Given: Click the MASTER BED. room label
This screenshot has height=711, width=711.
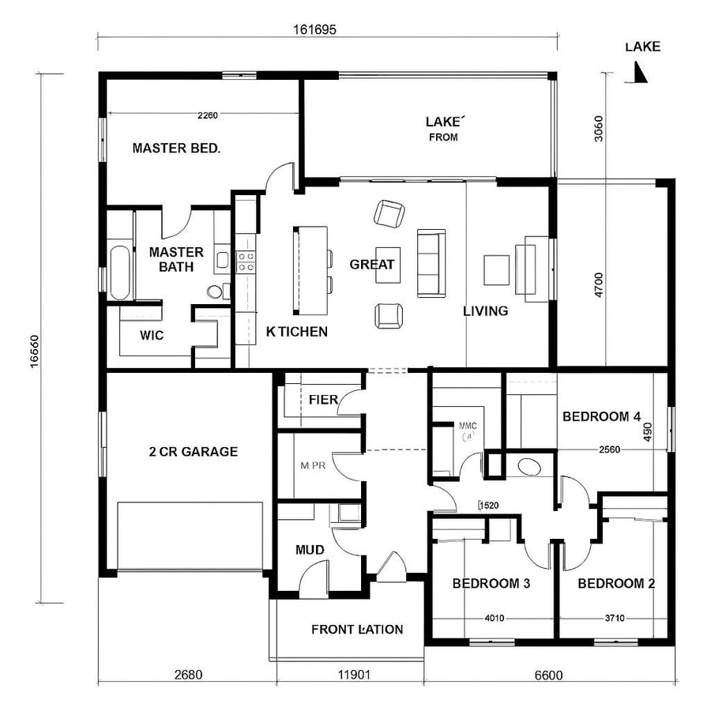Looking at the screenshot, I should (x=175, y=148).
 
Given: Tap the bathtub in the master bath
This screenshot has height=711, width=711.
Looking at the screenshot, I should (x=121, y=273).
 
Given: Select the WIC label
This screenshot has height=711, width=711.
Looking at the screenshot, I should (x=152, y=336).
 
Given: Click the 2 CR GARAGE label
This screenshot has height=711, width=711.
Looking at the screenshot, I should (x=194, y=452).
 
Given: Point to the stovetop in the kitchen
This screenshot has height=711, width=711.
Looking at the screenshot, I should (x=246, y=261).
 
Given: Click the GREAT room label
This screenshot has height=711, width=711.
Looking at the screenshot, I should (x=371, y=265).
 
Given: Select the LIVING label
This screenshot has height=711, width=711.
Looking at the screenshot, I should (x=485, y=311).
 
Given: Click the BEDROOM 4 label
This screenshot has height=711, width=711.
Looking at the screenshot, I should (x=600, y=416).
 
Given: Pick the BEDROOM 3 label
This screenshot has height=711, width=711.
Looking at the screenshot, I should (x=491, y=584).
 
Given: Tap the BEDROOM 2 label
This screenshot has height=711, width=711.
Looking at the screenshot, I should (x=616, y=584).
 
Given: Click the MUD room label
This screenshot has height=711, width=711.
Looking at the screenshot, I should (x=310, y=549).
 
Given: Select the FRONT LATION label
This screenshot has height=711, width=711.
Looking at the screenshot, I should (x=357, y=630).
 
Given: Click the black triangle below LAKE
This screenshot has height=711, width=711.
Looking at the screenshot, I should (x=641, y=73).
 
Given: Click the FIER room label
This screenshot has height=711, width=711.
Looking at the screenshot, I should (x=323, y=400).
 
